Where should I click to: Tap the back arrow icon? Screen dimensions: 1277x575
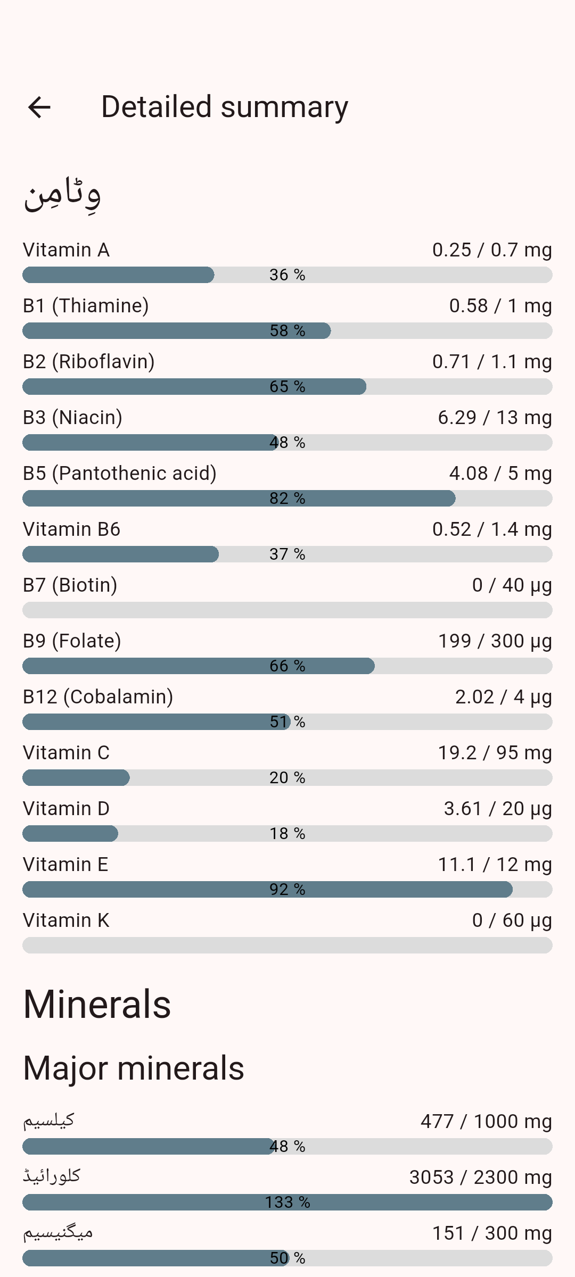(39, 107)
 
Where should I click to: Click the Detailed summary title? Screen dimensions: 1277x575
(224, 107)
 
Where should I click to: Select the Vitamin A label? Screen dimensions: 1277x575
(66, 250)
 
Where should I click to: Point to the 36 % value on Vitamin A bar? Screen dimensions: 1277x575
(287, 275)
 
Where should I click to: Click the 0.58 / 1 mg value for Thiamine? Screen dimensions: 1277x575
(500, 306)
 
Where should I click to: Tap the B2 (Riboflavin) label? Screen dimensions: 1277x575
(88, 362)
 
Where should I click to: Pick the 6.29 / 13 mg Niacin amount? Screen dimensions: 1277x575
(494, 418)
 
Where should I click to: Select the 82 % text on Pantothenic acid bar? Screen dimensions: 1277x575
(287, 499)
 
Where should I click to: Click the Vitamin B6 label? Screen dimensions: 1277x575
(71, 529)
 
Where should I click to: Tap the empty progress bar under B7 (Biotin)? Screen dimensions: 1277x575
(287, 610)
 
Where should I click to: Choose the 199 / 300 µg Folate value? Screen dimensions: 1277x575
(494, 641)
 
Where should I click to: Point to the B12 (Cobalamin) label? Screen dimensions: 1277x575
(98, 697)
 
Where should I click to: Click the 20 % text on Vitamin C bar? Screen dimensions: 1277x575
(287, 778)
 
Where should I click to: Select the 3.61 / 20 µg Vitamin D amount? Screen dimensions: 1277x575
(497, 809)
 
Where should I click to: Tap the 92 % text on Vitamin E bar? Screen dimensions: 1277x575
(287, 890)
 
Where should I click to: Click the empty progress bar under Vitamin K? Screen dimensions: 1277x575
(287, 946)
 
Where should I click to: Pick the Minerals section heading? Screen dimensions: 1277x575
(97, 1005)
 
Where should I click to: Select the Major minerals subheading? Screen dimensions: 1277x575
(134, 1068)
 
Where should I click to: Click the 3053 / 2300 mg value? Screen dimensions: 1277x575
(480, 1178)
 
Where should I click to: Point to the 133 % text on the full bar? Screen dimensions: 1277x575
(287, 1203)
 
